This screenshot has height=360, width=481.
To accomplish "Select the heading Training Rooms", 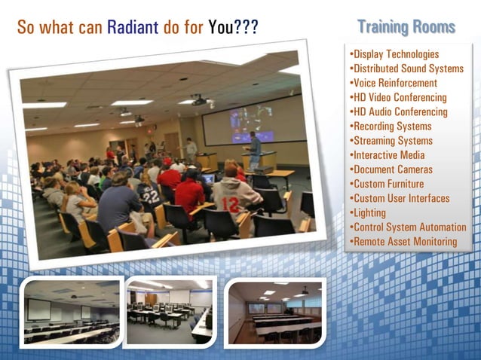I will (406, 27).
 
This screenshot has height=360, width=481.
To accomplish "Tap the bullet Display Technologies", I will (394, 54).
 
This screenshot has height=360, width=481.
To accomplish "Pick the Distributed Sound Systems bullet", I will (406, 69).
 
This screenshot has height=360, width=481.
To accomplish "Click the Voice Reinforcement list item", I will (393, 83).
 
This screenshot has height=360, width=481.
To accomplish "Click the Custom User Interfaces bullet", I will (399, 198).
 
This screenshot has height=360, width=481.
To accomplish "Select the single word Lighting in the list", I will (367, 212).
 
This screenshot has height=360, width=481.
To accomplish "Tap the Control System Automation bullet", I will (407, 227).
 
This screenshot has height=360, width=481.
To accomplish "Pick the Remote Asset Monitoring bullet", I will (403, 241).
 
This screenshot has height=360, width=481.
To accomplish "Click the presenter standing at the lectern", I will (256, 149).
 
